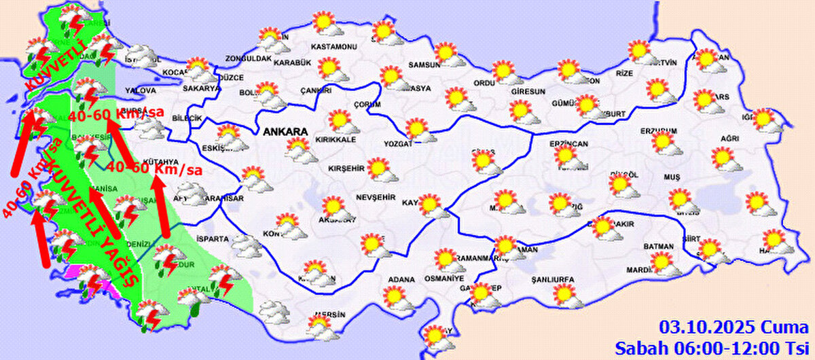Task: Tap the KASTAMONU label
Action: tap(333, 47)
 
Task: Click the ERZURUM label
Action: tap(659, 130)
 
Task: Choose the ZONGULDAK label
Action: tap(249, 59)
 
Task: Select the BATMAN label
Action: tap(659, 247)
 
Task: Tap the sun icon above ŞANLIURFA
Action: tap(563, 293)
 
